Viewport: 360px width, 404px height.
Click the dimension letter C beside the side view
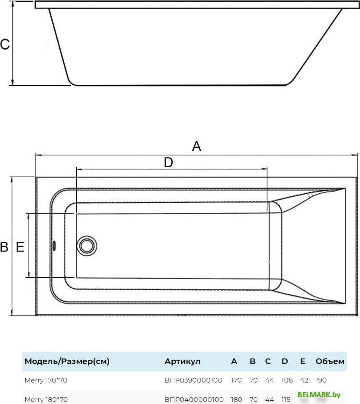(5, 44)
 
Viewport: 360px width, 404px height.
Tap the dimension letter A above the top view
(197, 146)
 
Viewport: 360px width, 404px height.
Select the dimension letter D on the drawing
(168, 163)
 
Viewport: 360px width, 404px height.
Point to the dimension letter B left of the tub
(4, 247)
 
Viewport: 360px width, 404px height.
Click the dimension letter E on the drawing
(20, 247)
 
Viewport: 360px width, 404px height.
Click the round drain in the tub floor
(87, 246)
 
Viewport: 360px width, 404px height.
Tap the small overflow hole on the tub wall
(54, 246)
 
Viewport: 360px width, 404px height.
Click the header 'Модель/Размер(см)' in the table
(67, 361)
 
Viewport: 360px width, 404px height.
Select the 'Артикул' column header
(182, 361)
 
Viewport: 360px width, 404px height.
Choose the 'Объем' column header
(330, 361)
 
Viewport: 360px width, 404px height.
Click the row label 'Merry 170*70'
(46, 380)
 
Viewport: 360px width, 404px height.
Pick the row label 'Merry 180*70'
(46, 399)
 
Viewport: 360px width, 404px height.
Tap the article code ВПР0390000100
(193, 380)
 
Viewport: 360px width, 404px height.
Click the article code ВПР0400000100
(194, 399)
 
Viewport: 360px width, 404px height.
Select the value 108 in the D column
(287, 380)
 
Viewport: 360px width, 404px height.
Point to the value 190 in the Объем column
(321, 380)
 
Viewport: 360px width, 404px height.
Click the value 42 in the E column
(304, 380)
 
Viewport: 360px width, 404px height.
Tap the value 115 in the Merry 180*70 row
(286, 399)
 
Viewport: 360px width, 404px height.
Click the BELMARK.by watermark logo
(319, 395)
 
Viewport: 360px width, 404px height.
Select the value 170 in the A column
(236, 380)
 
